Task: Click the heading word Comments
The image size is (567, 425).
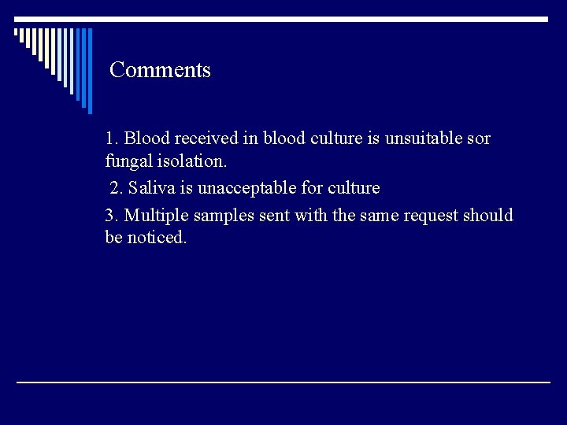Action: coord(160,70)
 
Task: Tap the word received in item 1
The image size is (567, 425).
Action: coord(206,139)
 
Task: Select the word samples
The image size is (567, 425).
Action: coord(224,215)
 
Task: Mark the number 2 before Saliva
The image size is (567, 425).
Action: coord(116,188)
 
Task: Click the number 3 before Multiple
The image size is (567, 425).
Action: coord(110,215)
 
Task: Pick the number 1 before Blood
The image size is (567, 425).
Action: coord(110,139)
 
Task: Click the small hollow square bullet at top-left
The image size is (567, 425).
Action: coord(17,34)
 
